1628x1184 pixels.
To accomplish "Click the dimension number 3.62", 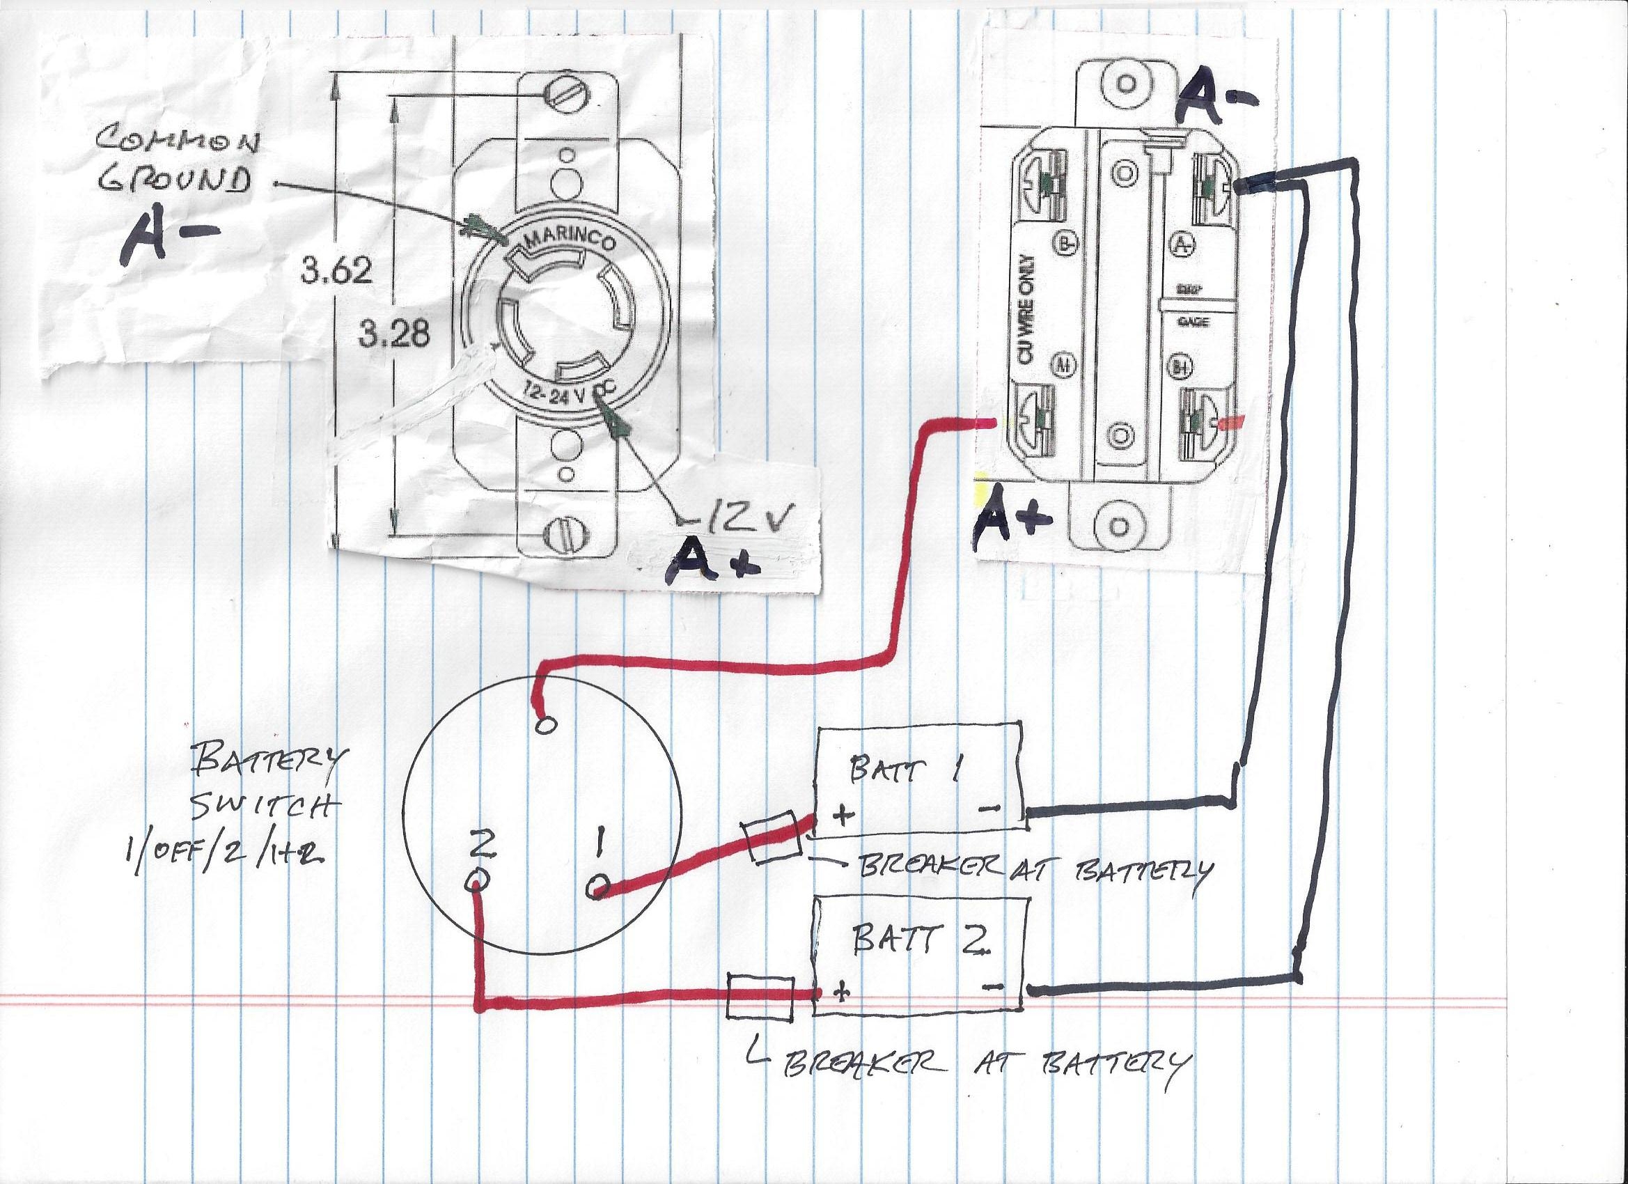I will click(x=336, y=272).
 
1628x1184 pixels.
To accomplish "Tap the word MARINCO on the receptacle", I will click(x=571, y=240).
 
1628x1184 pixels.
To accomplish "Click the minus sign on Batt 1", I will click(x=989, y=809).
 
